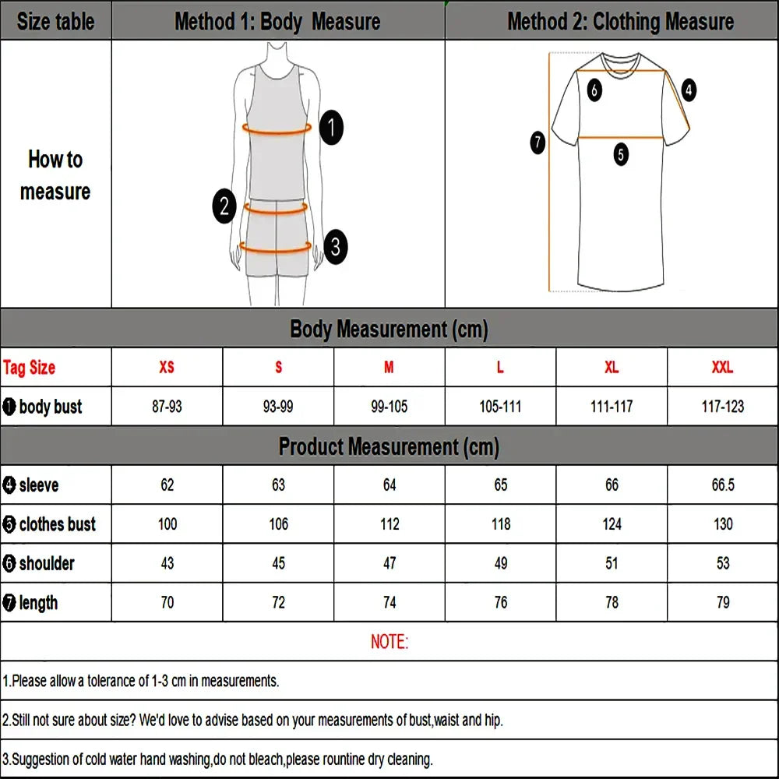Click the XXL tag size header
(x=722, y=368)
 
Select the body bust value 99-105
(x=389, y=407)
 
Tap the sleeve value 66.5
(x=722, y=485)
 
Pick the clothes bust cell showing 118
(x=501, y=524)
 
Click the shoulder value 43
(x=167, y=563)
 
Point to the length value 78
(x=612, y=602)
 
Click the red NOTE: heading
(x=389, y=642)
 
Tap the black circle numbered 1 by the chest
(x=332, y=127)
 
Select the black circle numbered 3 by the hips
(x=335, y=247)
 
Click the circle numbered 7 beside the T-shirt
(x=538, y=143)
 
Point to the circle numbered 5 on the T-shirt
(x=620, y=154)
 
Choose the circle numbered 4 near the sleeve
(x=689, y=90)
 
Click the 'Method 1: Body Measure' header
(x=277, y=21)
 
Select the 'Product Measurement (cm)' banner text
(x=389, y=447)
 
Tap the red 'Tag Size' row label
(x=30, y=368)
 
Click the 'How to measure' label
(x=55, y=175)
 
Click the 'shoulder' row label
(x=47, y=563)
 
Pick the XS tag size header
(x=167, y=368)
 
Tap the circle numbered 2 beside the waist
(x=224, y=206)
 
